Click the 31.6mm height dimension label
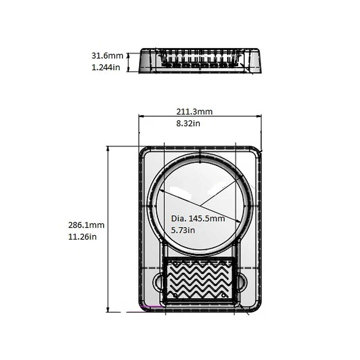(107, 56)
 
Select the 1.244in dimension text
(106, 67)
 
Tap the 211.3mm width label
(194, 112)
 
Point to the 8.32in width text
(188, 124)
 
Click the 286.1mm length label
(86, 225)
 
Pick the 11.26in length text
(82, 237)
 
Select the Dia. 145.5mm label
(198, 218)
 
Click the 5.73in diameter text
(183, 230)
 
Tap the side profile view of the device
(200, 61)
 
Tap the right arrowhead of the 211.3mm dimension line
(259, 116)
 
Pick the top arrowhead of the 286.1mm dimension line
(108, 149)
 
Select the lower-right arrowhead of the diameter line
(239, 221)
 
